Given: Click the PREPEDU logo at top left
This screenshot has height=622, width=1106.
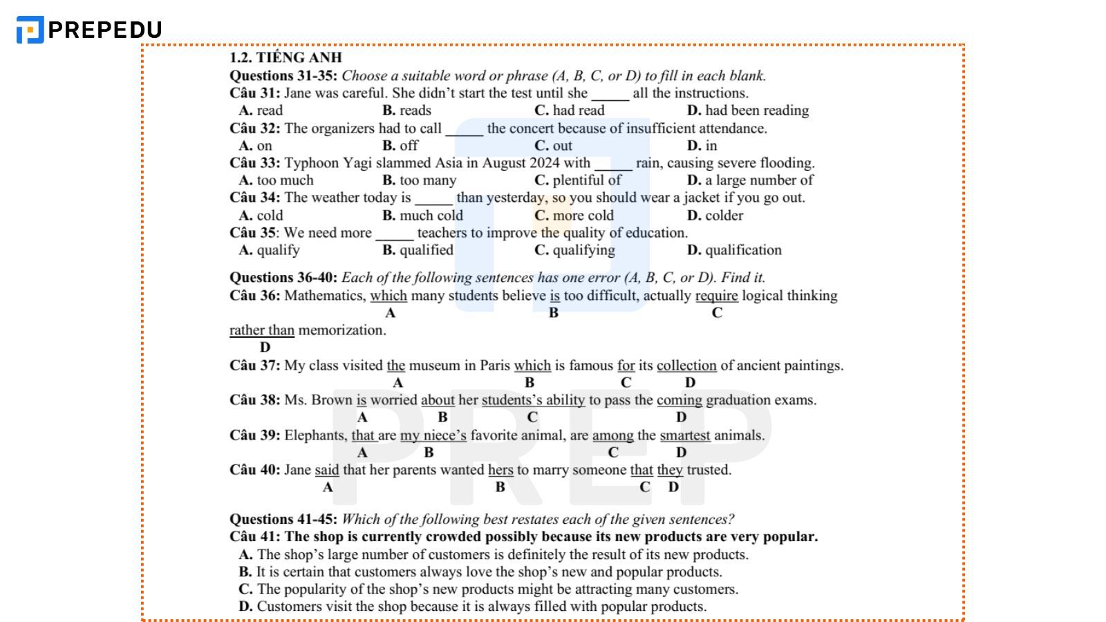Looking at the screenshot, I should click(x=89, y=30).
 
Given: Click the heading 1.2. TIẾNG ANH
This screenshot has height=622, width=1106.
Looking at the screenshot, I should click(x=285, y=57).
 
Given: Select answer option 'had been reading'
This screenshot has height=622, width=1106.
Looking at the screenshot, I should click(x=756, y=111).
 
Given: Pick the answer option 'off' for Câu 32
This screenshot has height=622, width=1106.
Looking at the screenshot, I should click(x=409, y=146).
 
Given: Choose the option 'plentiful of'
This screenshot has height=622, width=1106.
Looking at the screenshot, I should click(x=586, y=180).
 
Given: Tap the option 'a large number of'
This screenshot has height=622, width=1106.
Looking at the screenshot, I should click(x=758, y=180).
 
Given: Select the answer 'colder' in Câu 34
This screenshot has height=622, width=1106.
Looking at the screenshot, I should click(x=724, y=216).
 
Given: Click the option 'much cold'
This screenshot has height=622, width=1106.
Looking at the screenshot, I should click(x=431, y=216).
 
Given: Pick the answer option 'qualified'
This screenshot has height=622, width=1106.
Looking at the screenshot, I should click(x=426, y=250).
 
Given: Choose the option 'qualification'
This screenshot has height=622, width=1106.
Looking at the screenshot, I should click(x=742, y=250).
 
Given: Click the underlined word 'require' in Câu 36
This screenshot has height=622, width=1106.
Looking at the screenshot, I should click(x=716, y=296).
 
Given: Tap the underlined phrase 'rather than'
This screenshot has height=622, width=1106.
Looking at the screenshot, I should click(x=262, y=330).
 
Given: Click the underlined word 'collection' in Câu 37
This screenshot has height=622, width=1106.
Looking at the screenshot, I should click(x=686, y=366).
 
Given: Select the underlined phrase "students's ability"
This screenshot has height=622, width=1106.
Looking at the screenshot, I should click(x=533, y=400).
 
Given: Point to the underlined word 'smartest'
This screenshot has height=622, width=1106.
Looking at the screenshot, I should click(x=684, y=435).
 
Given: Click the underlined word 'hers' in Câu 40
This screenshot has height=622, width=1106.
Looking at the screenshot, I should click(x=500, y=470).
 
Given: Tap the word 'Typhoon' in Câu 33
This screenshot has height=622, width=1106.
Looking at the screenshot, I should click(x=310, y=163).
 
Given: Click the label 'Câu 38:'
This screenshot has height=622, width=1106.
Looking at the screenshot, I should click(x=255, y=400).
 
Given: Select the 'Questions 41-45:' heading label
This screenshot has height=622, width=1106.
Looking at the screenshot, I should click(x=283, y=519).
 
